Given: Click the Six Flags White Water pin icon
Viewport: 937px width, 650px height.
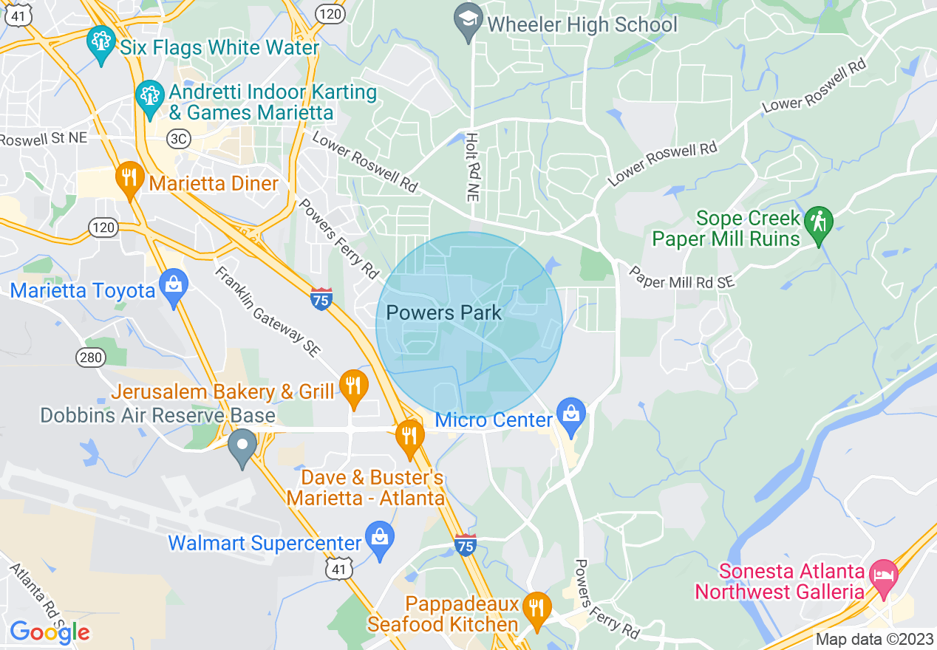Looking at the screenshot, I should click(100, 44).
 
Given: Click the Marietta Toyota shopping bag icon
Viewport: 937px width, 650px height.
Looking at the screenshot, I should click(173, 287).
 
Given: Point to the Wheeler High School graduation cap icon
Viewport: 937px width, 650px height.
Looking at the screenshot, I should click(468, 21).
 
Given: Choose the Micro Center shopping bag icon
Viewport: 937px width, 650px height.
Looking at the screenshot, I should click(570, 415).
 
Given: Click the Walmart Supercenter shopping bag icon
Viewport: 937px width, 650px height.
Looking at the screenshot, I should click(379, 540).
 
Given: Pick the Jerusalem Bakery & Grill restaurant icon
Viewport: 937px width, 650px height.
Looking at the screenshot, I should click(354, 386).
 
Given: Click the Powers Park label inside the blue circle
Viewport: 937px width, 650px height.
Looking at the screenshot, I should click(443, 312).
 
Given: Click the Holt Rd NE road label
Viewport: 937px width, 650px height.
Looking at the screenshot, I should click(471, 168).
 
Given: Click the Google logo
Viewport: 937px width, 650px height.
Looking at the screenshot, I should click(50, 632).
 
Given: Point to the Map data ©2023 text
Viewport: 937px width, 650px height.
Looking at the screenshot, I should click(873, 639).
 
